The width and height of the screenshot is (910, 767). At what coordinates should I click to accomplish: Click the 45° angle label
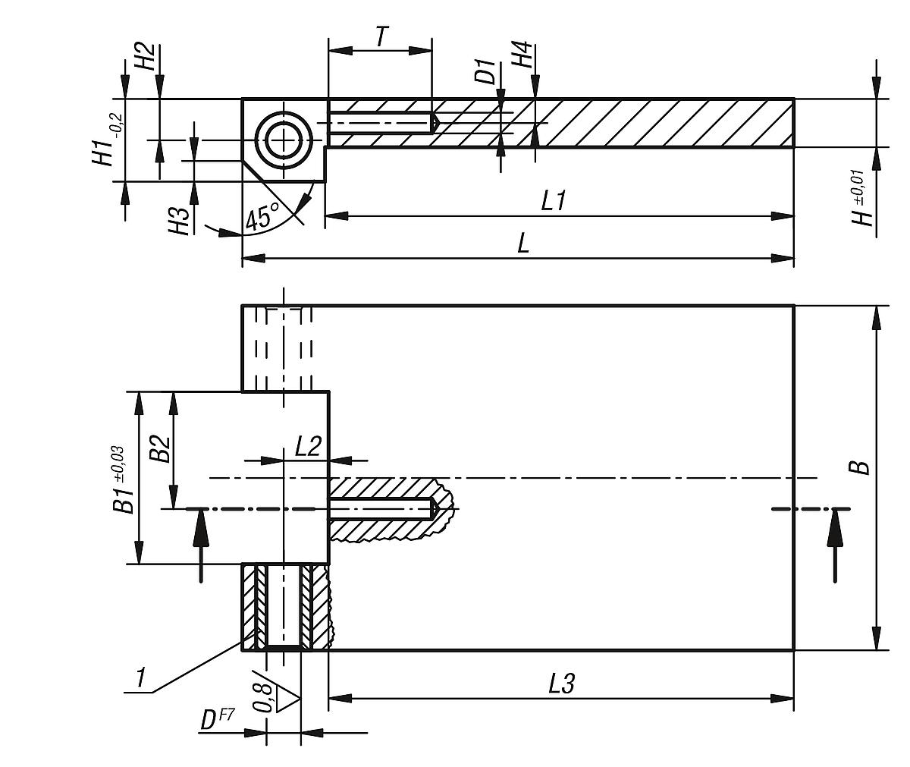[x=262, y=217]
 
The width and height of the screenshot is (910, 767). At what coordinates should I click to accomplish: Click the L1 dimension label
[x=555, y=201]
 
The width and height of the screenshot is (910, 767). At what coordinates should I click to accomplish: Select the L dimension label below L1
[x=522, y=244]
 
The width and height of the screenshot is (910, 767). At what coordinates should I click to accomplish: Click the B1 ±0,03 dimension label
[x=124, y=479]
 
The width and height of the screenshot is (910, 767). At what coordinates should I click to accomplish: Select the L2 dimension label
[x=309, y=445]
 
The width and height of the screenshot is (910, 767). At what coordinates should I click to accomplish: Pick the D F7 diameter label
[x=218, y=718]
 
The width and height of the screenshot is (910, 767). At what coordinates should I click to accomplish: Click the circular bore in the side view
[x=284, y=140]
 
